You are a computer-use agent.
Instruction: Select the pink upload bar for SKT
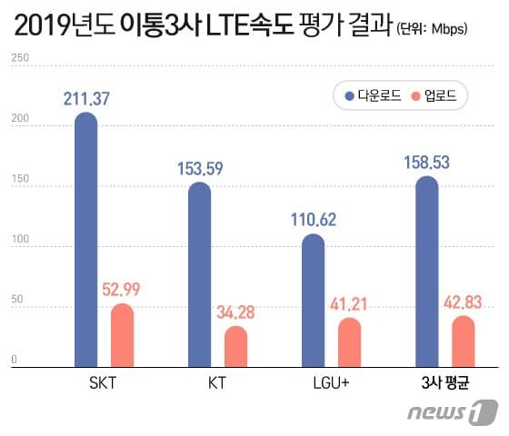(x=122, y=335)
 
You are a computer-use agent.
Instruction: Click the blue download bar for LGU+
(x=313, y=301)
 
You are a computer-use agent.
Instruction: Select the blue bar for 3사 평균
(x=426, y=272)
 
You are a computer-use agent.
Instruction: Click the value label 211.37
(x=87, y=97)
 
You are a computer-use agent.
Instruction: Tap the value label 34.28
(x=235, y=313)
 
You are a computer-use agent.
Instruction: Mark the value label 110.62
(x=314, y=220)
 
